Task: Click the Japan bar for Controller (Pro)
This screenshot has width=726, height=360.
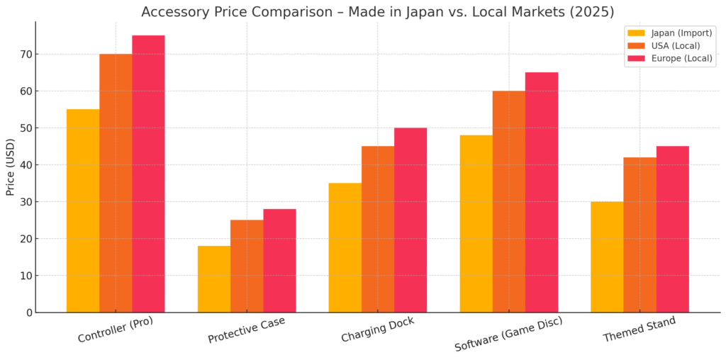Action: (x=83, y=210)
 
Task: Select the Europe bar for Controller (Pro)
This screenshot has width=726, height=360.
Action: (x=148, y=174)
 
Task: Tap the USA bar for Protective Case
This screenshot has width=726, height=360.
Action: (x=247, y=266)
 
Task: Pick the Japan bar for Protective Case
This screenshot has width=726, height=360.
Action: (x=214, y=279)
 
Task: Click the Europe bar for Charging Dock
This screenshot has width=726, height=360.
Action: (x=411, y=220)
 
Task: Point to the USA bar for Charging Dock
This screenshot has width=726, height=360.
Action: (x=378, y=229)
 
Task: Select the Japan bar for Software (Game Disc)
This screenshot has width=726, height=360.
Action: (x=476, y=223)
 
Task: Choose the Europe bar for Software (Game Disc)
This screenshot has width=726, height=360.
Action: (x=542, y=192)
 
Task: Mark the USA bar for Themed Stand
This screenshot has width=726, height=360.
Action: (x=640, y=235)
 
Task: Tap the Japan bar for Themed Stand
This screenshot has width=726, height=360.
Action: (x=607, y=257)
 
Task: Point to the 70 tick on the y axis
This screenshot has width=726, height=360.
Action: (x=25, y=54)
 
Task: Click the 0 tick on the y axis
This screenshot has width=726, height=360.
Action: (x=28, y=313)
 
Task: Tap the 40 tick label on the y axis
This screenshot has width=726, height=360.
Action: (x=25, y=165)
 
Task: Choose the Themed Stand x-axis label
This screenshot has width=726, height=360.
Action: (x=639, y=330)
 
